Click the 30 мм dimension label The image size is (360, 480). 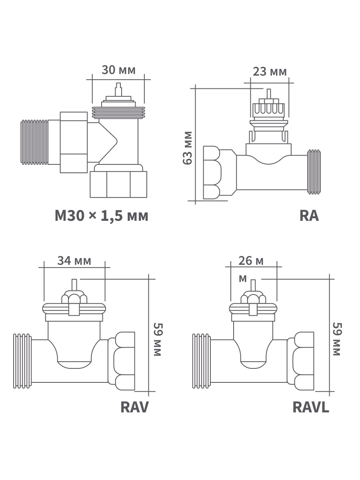(118, 70)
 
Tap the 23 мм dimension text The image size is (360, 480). (270, 72)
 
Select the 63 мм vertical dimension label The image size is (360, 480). (187, 147)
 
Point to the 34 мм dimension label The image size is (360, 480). (74, 261)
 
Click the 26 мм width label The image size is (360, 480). (251, 261)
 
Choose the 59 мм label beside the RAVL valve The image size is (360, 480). (337, 339)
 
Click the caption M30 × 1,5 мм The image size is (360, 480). (102, 216)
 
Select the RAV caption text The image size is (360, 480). (134, 407)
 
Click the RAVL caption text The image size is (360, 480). (311, 407)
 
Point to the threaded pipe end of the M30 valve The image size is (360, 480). (34, 142)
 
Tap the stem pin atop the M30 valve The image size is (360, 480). (118, 89)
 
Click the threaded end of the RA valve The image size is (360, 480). (312, 172)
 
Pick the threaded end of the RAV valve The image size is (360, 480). (22, 360)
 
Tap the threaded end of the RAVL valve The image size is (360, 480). (201, 360)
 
